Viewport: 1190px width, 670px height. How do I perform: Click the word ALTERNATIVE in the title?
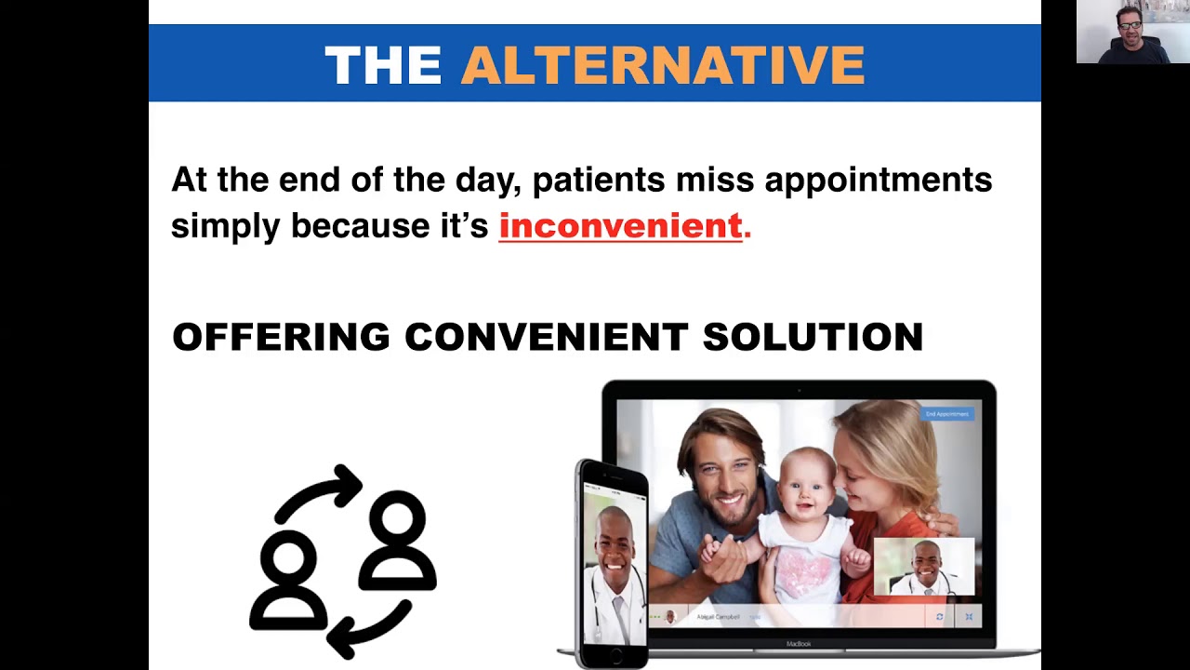pyautogui.click(x=663, y=65)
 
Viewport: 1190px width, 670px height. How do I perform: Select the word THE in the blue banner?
pyautogui.click(x=382, y=65)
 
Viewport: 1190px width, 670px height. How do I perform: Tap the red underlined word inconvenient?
pyautogui.click(x=620, y=226)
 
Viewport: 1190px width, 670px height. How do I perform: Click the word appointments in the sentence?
pyautogui.click(x=878, y=180)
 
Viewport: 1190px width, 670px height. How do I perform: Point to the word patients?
pyautogui.click(x=598, y=180)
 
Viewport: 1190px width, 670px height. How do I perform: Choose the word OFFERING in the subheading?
pyautogui.click(x=281, y=337)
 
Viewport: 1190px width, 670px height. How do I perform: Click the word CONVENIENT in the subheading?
pyautogui.click(x=545, y=337)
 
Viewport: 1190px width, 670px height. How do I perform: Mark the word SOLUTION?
pyautogui.click(x=812, y=337)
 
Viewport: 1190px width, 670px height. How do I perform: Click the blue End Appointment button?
pyautogui.click(x=946, y=414)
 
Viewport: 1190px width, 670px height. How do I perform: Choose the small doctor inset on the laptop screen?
pyautogui.click(x=924, y=566)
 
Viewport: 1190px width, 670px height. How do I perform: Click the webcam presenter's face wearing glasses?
pyautogui.click(x=1130, y=25)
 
